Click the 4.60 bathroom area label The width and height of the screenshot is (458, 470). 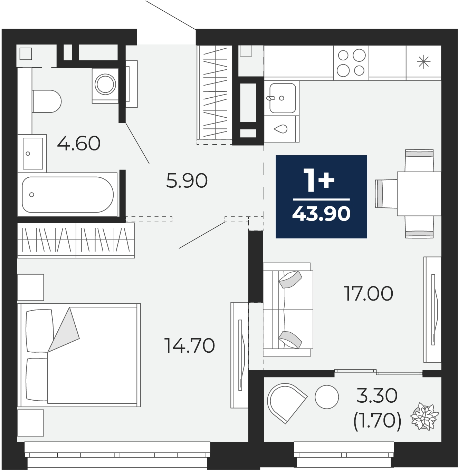point(79,144)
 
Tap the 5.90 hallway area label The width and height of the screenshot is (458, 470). point(187,181)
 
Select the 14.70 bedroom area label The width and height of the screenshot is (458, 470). point(190,346)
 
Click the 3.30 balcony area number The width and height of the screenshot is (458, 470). point(377,395)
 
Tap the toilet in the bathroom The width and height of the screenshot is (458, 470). point(47,101)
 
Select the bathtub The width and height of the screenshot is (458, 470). point(67,194)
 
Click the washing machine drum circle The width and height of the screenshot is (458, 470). point(105,84)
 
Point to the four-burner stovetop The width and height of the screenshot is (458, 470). point(351,63)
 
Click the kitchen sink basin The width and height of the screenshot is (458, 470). point(283,98)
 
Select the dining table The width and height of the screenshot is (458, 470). point(419,194)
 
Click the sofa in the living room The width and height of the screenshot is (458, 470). point(288,310)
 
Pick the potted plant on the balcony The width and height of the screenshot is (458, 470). point(424,417)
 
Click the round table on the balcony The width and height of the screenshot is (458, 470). point(327,397)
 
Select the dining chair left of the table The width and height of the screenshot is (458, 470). point(386,194)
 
